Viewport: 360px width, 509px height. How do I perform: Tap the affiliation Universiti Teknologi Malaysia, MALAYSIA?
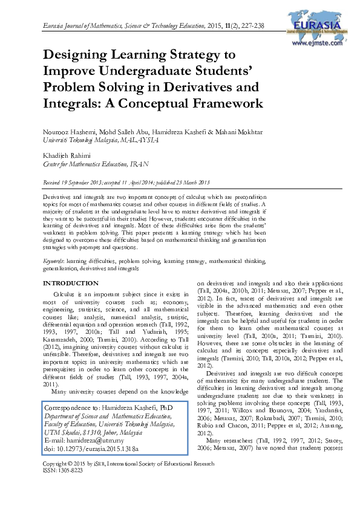click(x=101, y=139)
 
